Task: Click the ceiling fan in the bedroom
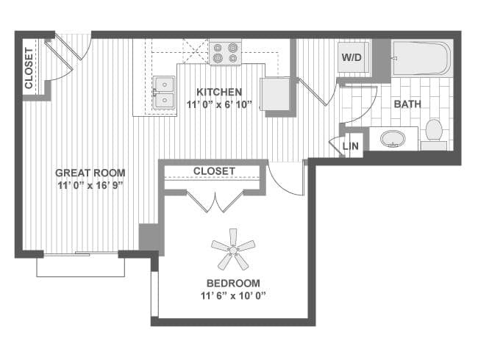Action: tap(233, 250)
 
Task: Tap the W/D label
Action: tap(351, 57)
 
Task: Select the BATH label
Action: tap(407, 104)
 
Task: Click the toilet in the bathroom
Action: tap(433, 132)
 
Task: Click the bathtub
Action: tap(420, 58)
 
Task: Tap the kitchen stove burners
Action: tap(225, 52)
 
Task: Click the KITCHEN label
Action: tap(218, 92)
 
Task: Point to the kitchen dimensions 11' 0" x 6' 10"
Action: tap(218, 104)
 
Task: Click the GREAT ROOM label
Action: tap(90, 173)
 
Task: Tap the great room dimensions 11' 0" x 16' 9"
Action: tap(90, 185)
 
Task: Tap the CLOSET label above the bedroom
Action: tap(214, 171)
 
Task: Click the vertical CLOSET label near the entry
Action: tap(29, 68)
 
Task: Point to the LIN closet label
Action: tap(352, 147)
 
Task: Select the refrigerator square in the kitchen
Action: tap(276, 93)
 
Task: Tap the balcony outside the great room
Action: tap(80, 266)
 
